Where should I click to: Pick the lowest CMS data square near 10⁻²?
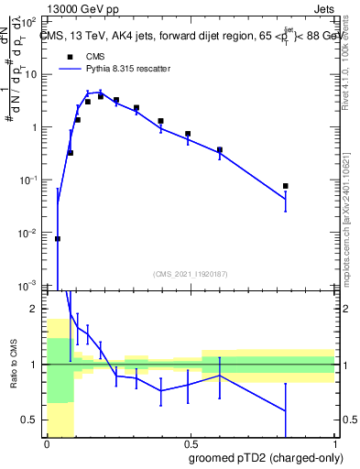point(58,238)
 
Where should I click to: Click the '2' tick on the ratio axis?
point(36,309)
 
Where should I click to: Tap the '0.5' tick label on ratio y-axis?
point(31,420)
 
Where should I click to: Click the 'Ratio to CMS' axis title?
point(15,366)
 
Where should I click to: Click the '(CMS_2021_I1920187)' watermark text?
point(190,273)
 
